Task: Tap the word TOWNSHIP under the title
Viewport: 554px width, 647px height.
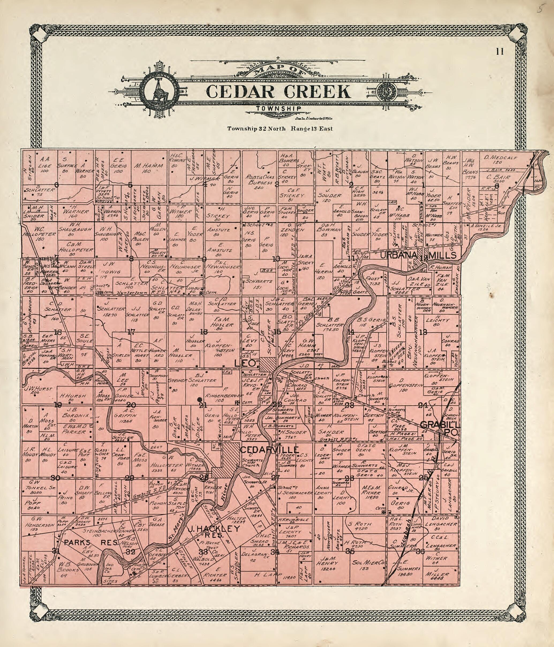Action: tap(279, 108)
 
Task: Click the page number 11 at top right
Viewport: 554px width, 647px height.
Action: tap(500, 51)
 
